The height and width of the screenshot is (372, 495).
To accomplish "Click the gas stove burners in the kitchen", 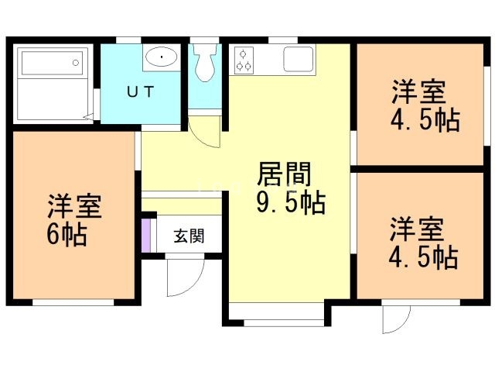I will point(244,60).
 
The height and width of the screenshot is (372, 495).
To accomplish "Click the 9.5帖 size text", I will point(290,203).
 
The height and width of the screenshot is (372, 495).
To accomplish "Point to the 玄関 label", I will point(188,236).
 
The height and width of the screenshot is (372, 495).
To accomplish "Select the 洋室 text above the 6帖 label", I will point(75,207).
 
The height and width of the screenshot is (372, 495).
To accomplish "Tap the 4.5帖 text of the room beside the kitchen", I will point(425,119).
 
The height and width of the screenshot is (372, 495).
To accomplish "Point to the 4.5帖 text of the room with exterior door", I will point(423,257).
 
